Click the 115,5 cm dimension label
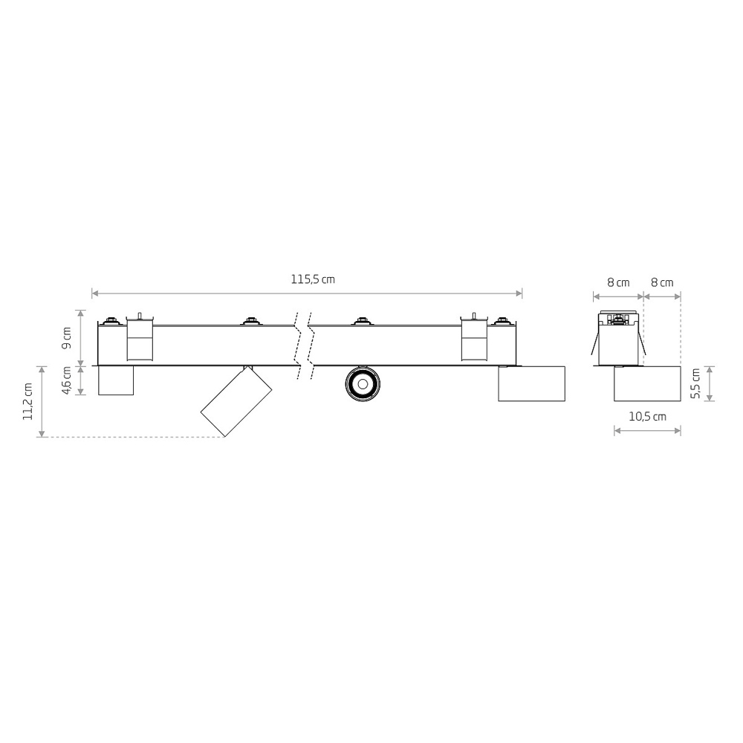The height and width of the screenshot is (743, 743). (313, 279)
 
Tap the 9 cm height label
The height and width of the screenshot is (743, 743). (67, 338)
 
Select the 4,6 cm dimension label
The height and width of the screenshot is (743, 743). (67, 380)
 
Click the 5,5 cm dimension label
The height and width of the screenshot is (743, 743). (695, 384)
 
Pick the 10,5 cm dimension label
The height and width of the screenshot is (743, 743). (647, 417)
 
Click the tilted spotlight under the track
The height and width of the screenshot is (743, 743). (236, 401)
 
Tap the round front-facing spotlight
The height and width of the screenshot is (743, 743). (363, 383)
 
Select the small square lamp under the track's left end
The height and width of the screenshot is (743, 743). (116, 380)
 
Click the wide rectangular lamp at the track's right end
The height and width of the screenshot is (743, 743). (532, 384)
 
